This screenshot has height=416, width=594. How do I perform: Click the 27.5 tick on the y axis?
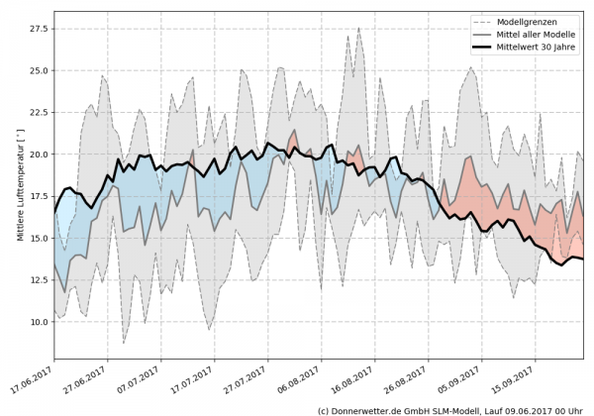coord(37,29)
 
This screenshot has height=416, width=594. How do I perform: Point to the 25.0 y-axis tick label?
coord(37,71)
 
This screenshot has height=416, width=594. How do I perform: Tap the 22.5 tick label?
coord(37,113)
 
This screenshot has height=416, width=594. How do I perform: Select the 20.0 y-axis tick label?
coord(37,155)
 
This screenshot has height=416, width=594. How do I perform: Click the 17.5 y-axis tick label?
coord(37,196)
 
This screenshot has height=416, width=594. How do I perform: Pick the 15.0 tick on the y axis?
coord(37,239)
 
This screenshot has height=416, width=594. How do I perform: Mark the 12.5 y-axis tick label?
coord(37,280)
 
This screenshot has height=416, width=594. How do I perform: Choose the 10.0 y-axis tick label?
coord(37,322)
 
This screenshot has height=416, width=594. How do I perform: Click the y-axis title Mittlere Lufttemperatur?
coord(19,189)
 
